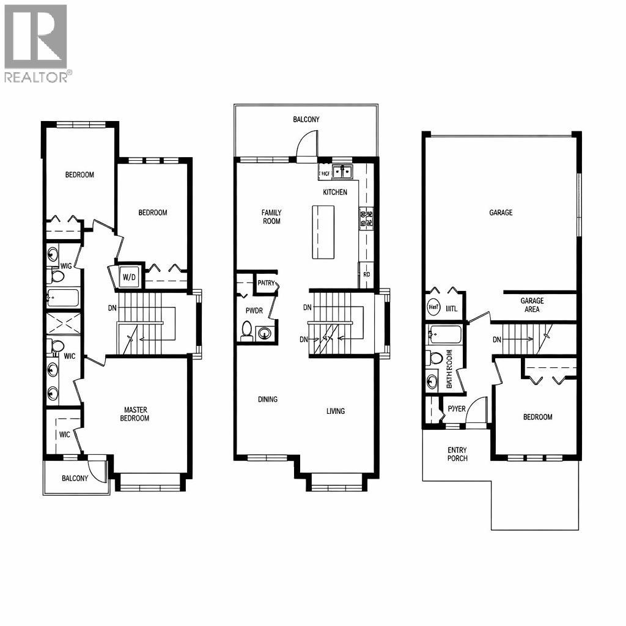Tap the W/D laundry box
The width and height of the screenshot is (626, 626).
[x=130, y=277]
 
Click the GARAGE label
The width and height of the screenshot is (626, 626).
[x=501, y=213]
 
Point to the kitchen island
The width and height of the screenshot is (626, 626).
[x=323, y=232]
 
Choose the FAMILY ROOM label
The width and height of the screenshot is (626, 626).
[x=271, y=216]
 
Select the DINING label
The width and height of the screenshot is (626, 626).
[x=267, y=399]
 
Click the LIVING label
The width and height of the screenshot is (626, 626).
[x=335, y=411]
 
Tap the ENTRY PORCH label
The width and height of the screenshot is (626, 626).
[x=457, y=454]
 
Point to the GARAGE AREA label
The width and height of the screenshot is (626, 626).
[x=532, y=304]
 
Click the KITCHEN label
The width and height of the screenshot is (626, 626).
[x=335, y=192]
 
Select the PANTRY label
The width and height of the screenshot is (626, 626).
[x=266, y=283]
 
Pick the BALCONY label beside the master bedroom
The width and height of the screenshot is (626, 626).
[x=75, y=478]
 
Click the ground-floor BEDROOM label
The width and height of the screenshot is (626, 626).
[x=537, y=417]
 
